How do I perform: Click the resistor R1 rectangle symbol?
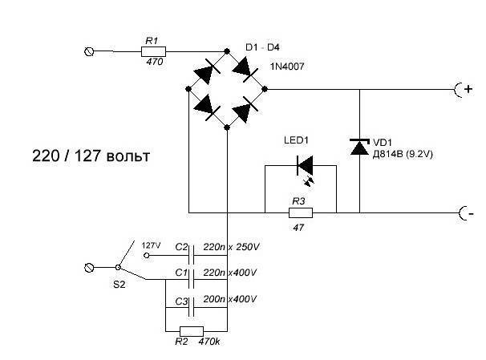(x=153, y=51)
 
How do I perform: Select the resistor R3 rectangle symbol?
(x=301, y=212)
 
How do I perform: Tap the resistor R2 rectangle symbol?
(x=192, y=331)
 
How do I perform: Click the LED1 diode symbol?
(x=305, y=166)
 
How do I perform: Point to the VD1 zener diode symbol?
(x=359, y=147)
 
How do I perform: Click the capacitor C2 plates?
(x=192, y=255)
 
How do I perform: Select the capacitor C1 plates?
(x=192, y=280)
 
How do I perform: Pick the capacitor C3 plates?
(x=192, y=307)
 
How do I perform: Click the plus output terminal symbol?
(x=463, y=90)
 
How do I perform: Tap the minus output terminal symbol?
(x=465, y=213)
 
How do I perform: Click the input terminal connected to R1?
(x=89, y=51)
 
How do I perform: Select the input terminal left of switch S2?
(x=89, y=267)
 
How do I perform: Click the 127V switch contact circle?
(x=147, y=256)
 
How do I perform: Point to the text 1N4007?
(x=287, y=67)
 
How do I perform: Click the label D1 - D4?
(x=262, y=47)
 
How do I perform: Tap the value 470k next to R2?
(x=209, y=342)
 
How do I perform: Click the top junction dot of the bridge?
(x=227, y=51)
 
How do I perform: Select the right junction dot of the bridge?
(x=265, y=89)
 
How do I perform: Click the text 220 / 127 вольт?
(x=91, y=156)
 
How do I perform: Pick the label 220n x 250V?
(x=231, y=247)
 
